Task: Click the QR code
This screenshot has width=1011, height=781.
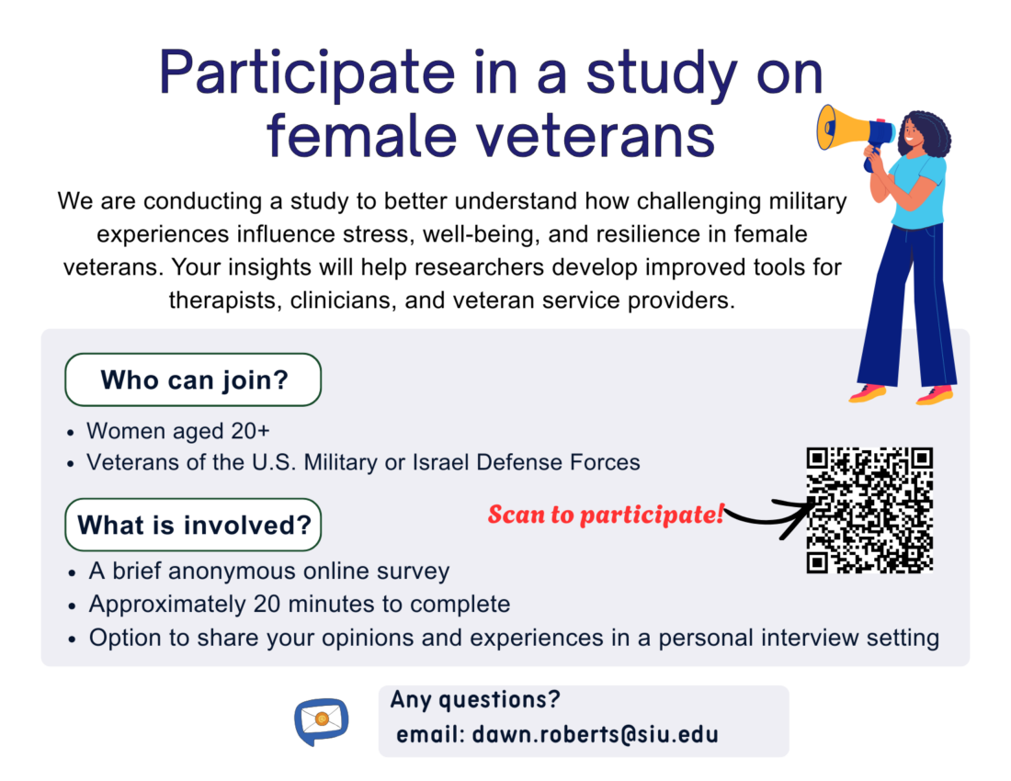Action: coord(869,510)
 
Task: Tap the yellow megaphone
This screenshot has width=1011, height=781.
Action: coord(855,129)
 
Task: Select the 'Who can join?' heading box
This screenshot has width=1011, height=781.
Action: coord(193,379)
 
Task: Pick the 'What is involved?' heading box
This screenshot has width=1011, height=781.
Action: coord(193,525)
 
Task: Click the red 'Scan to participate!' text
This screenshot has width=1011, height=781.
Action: coord(606,515)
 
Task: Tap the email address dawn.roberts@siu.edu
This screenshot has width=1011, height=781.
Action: coord(596,735)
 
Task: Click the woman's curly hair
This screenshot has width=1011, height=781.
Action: coord(928,132)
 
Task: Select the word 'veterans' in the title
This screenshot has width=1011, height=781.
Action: coord(596,136)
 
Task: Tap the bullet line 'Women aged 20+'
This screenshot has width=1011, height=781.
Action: coord(178,430)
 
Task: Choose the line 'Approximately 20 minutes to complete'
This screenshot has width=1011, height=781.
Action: coord(300,604)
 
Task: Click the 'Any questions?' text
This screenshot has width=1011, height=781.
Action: coord(475,700)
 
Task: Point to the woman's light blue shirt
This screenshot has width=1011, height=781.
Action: coord(918,192)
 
